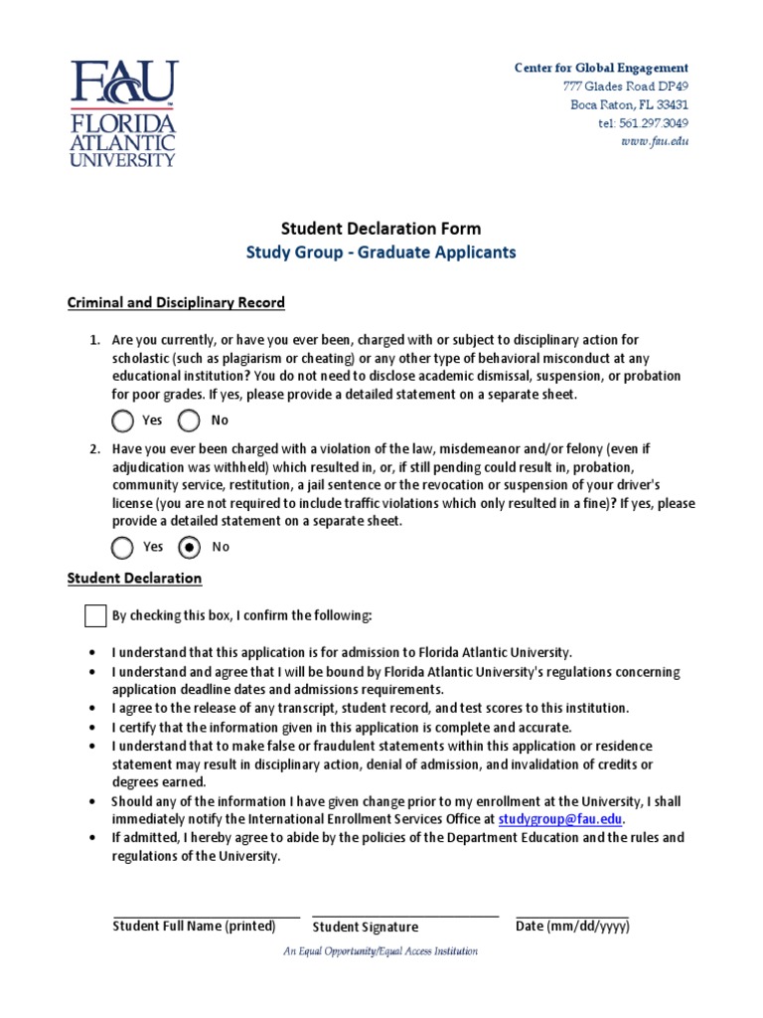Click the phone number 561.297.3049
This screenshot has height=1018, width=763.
(x=643, y=123)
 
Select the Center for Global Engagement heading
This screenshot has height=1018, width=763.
(x=600, y=68)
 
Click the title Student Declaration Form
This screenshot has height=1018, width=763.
(x=381, y=229)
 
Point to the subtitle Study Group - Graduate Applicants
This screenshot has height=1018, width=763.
(x=381, y=253)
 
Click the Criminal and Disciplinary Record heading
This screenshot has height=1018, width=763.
(x=176, y=302)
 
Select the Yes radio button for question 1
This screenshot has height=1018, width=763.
(x=122, y=421)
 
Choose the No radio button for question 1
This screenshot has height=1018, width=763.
(x=189, y=421)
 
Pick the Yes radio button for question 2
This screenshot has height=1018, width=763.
(x=122, y=547)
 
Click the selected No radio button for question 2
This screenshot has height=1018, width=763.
(x=189, y=547)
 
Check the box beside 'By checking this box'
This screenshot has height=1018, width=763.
(x=95, y=616)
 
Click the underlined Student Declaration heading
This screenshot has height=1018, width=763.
(x=134, y=578)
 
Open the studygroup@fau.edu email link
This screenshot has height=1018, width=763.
(x=560, y=819)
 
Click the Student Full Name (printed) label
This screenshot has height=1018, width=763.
(x=194, y=927)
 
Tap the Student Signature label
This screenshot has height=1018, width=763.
(x=366, y=928)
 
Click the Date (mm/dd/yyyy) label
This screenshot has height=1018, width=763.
(x=572, y=927)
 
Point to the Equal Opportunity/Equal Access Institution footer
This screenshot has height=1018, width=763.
(x=381, y=951)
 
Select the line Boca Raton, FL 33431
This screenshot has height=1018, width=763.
(x=629, y=105)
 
